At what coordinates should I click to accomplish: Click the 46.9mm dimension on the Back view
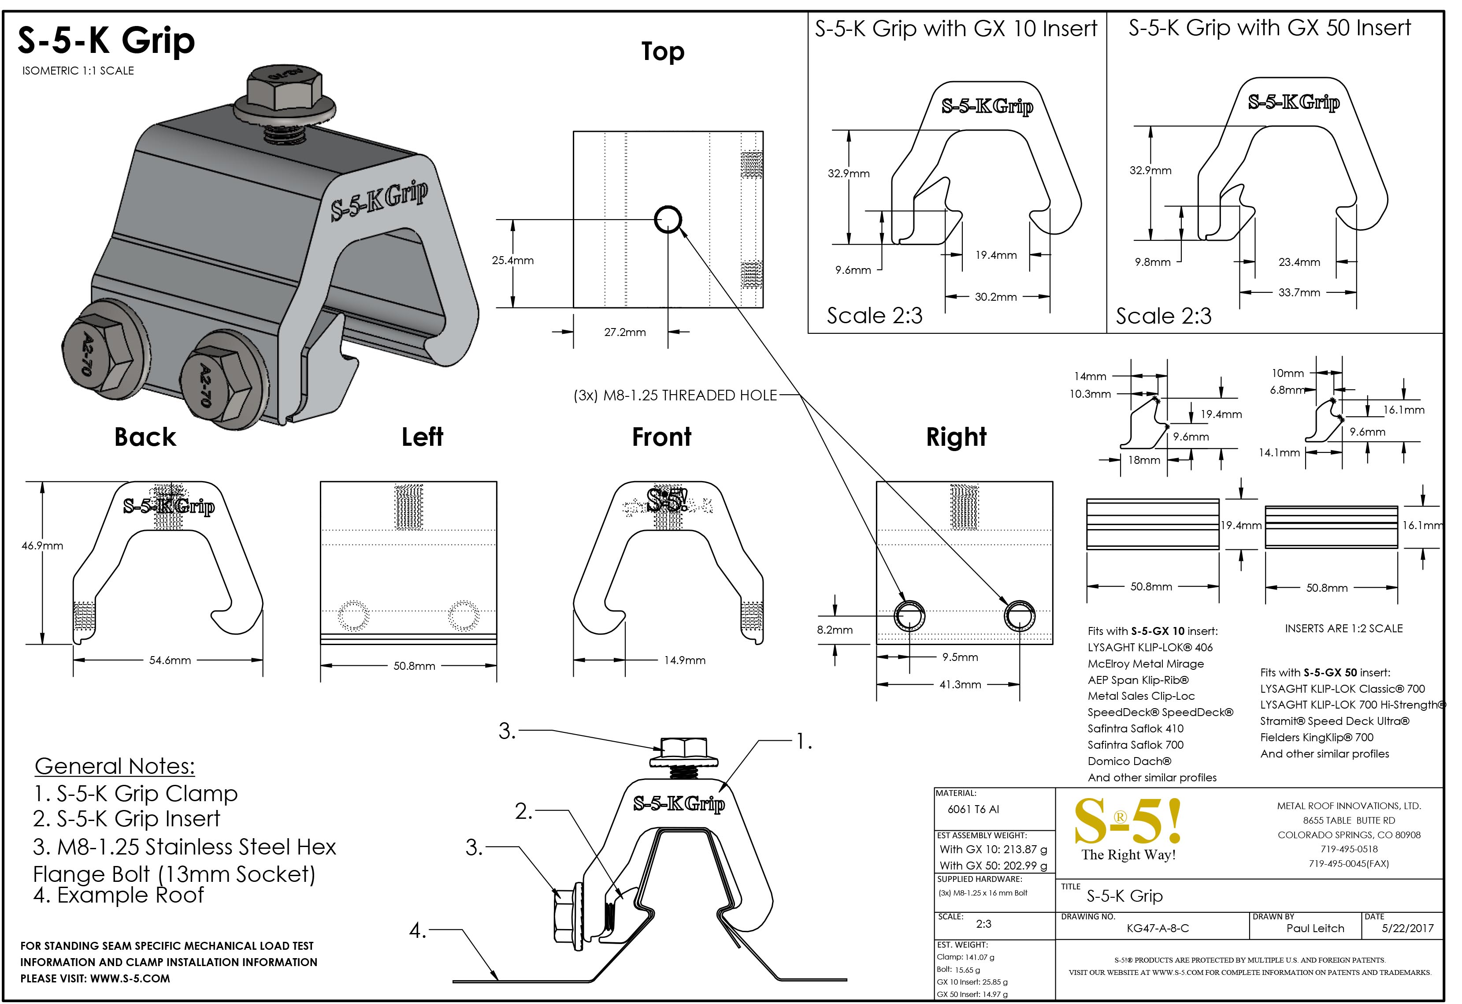(42, 546)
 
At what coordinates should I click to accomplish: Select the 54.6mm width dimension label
(170, 661)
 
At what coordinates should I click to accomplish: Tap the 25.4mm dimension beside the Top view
(513, 261)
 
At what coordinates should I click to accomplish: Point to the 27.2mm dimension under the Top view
(625, 332)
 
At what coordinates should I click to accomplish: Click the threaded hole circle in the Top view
(668, 220)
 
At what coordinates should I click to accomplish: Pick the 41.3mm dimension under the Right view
(960, 684)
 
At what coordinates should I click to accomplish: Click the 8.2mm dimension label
(835, 630)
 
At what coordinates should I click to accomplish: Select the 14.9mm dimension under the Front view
(684, 661)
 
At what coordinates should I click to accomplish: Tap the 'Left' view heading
(422, 437)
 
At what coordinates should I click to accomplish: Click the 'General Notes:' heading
(115, 766)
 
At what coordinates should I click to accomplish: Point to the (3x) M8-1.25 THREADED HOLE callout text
(675, 396)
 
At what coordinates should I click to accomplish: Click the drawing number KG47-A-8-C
(1158, 929)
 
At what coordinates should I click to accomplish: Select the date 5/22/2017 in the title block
(1407, 929)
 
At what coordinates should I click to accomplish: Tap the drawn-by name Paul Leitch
(1315, 929)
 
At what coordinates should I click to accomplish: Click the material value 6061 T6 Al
(973, 810)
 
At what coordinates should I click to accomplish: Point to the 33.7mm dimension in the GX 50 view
(1299, 293)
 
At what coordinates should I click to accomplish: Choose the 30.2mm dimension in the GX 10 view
(995, 297)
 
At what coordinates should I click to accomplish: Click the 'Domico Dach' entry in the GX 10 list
(1129, 761)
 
